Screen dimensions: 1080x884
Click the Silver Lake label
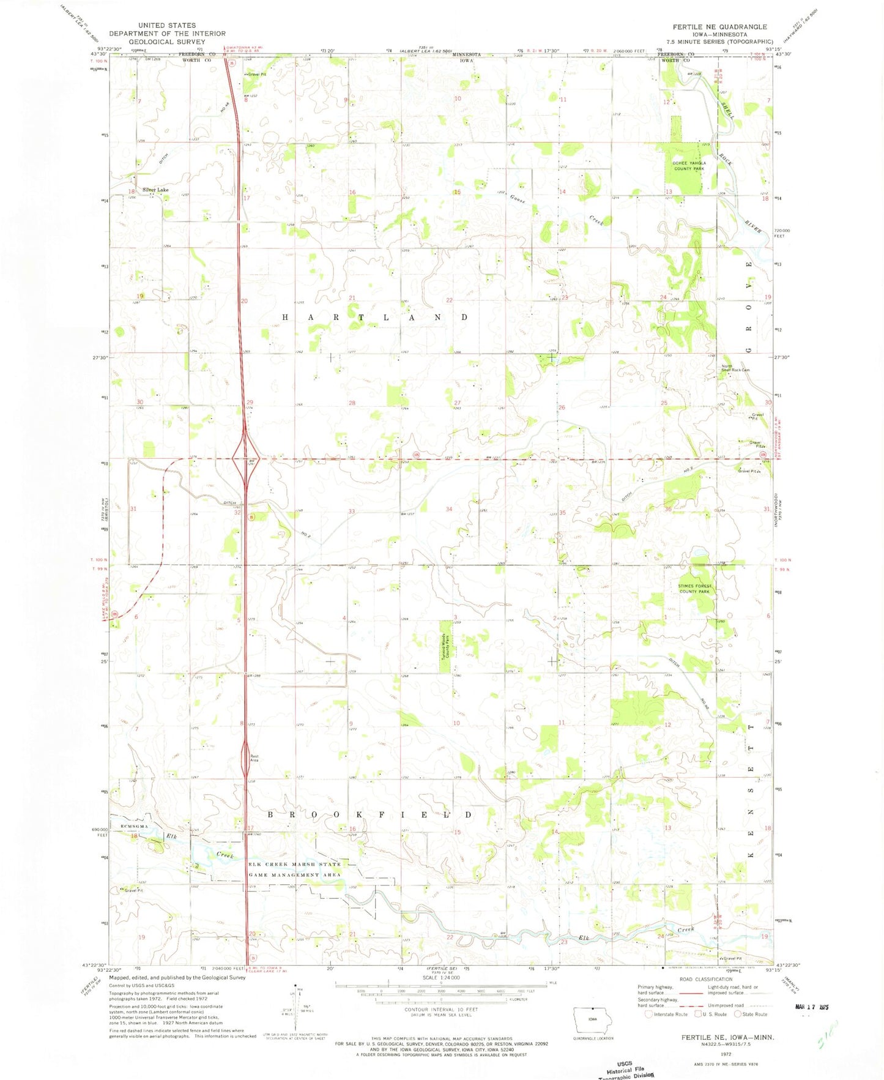pos(155,190)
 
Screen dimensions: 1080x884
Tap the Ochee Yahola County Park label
pos(689,166)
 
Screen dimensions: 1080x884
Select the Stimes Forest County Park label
pos(694,589)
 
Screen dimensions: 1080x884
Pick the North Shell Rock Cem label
pos(735,368)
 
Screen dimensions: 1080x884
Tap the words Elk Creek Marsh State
pos(295,864)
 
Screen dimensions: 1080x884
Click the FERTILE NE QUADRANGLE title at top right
pos(719,27)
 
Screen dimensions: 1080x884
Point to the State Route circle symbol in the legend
pos(738,1014)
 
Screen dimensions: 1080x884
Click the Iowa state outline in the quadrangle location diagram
pos(592,1020)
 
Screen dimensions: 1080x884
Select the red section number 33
pos(352,511)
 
